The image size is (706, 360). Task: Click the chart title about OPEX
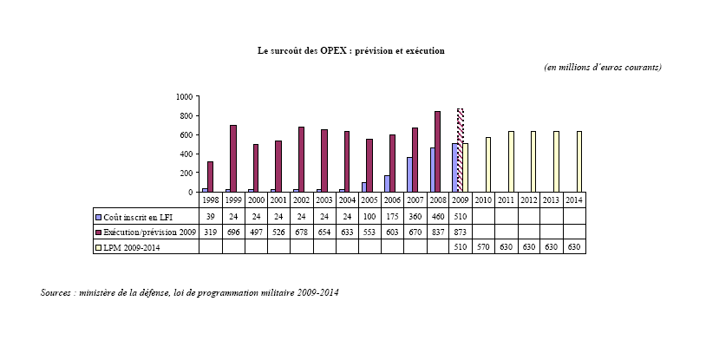[x=351, y=51]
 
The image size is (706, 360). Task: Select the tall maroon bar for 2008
[x=437, y=152]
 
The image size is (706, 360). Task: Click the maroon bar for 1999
[x=233, y=159]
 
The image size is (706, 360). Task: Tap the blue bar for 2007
[x=409, y=174]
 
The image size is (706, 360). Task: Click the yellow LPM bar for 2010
[x=488, y=165]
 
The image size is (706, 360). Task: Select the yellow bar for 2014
[x=579, y=162]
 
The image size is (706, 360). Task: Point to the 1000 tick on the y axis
[x=183, y=97]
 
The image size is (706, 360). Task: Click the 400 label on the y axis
[x=185, y=154]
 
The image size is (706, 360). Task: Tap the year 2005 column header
[x=369, y=200]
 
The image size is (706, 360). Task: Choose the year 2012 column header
[x=528, y=200]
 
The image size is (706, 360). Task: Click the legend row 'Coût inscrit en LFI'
[x=144, y=216]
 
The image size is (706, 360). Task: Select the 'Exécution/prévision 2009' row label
[x=144, y=232]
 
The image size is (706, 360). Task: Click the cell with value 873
[x=461, y=232]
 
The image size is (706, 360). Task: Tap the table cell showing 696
[x=233, y=232]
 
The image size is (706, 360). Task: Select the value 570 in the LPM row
[x=483, y=247]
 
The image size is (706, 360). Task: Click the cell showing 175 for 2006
[x=392, y=216]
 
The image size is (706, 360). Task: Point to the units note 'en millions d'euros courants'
[x=602, y=68]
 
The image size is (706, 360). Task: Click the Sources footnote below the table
[x=189, y=292]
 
